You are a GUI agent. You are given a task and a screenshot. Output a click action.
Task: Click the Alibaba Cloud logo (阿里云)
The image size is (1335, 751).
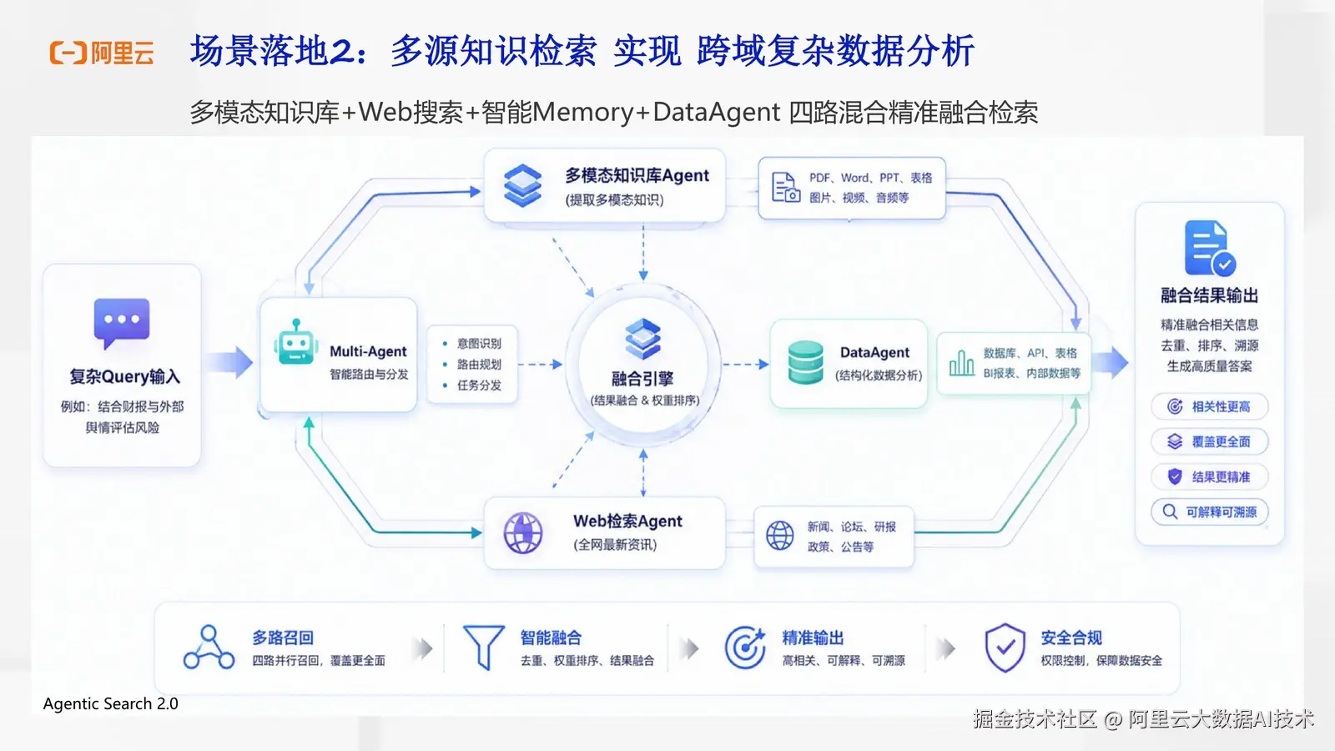point(102,53)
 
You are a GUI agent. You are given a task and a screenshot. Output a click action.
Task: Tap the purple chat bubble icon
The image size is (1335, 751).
point(122,323)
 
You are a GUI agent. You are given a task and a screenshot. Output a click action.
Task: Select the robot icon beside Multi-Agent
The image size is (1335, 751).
point(295,342)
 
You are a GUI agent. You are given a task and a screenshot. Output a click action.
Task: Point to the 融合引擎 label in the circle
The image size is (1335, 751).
point(642,379)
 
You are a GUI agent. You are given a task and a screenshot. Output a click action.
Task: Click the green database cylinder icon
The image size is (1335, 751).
point(805,362)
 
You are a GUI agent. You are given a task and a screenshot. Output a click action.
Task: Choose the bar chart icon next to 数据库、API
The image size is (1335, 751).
point(961,362)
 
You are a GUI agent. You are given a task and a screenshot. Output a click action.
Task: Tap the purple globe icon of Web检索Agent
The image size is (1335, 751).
point(522,532)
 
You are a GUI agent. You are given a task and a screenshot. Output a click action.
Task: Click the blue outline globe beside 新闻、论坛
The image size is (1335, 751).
point(779,535)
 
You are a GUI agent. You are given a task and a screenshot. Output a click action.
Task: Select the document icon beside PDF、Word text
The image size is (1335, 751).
point(785,187)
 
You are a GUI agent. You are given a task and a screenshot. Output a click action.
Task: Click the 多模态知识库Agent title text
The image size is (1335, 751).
point(637,175)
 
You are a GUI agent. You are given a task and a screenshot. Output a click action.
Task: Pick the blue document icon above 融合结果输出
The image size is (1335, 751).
point(1209,248)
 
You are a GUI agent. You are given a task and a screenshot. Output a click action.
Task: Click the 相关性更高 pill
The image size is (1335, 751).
point(1209,406)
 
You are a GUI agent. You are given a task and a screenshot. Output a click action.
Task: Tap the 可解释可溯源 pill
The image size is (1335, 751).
point(1209,512)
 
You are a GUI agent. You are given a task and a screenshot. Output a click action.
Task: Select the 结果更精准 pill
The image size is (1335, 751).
point(1209,476)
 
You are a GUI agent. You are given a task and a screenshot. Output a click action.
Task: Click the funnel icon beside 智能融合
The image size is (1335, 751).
point(483,647)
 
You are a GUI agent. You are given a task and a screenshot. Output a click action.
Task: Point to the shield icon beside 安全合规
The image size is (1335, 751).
point(1005,648)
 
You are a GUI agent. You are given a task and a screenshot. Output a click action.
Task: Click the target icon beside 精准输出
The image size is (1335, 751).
point(745,648)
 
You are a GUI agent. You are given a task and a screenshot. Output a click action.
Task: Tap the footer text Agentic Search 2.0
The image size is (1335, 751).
point(111,704)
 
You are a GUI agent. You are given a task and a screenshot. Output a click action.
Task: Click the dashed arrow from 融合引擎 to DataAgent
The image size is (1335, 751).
point(746,364)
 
